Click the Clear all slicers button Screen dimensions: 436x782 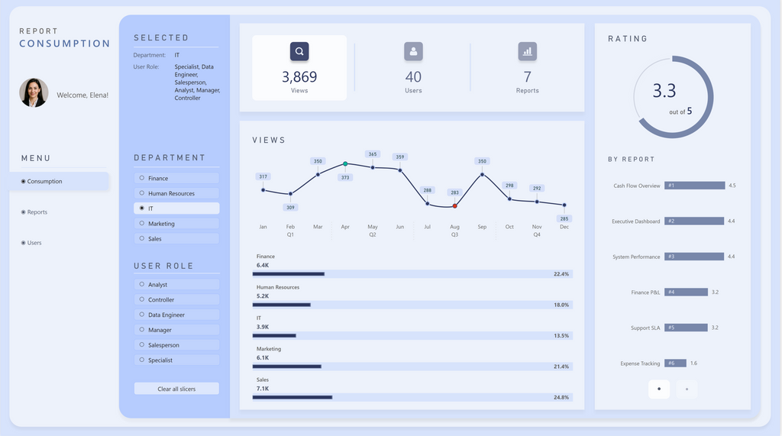(x=176, y=389)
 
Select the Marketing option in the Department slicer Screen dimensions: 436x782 (x=176, y=224)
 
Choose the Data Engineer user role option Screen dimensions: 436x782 (x=176, y=315)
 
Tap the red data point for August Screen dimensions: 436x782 (x=454, y=205)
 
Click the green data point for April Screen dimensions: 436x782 (x=345, y=164)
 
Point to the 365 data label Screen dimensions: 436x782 (x=373, y=154)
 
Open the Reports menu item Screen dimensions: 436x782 (x=37, y=212)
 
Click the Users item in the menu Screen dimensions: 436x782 (x=34, y=243)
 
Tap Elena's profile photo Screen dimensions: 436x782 (x=34, y=92)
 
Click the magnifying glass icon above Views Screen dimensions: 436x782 (x=299, y=52)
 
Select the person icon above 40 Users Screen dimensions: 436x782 (x=413, y=52)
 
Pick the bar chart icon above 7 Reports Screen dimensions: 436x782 (x=527, y=52)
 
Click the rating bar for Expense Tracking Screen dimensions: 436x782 (x=675, y=363)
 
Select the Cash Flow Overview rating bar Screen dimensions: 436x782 (x=694, y=186)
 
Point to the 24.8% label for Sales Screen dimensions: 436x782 (x=561, y=397)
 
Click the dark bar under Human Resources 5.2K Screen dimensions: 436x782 (x=281, y=305)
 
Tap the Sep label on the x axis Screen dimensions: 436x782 (x=482, y=227)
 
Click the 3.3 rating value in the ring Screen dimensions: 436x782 (x=664, y=92)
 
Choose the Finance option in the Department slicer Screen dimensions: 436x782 (x=176, y=179)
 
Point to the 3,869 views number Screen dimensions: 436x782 (x=299, y=77)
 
